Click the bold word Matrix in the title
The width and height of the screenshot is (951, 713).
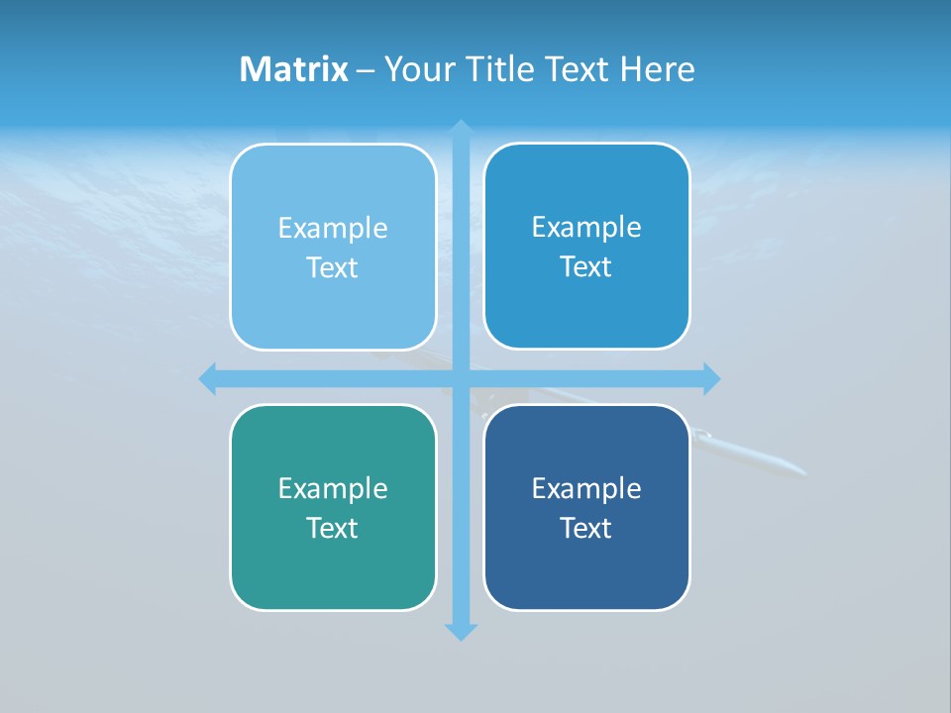point(294,69)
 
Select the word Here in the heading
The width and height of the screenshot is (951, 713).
point(658,69)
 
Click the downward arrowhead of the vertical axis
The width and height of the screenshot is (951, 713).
point(461,632)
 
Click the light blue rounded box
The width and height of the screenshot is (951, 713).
point(333,247)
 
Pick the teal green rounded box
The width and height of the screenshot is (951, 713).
point(333,507)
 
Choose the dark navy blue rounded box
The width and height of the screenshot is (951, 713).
point(586,507)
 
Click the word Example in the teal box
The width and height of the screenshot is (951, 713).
point(333,488)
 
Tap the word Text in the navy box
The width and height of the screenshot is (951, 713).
point(586,528)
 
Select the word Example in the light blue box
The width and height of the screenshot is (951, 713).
point(333,228)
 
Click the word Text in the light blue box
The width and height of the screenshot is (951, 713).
point(333,267)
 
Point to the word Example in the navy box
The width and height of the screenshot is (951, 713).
point(586,488)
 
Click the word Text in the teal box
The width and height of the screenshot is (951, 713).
point(333,528)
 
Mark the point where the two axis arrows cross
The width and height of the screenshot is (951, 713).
point(461,378)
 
